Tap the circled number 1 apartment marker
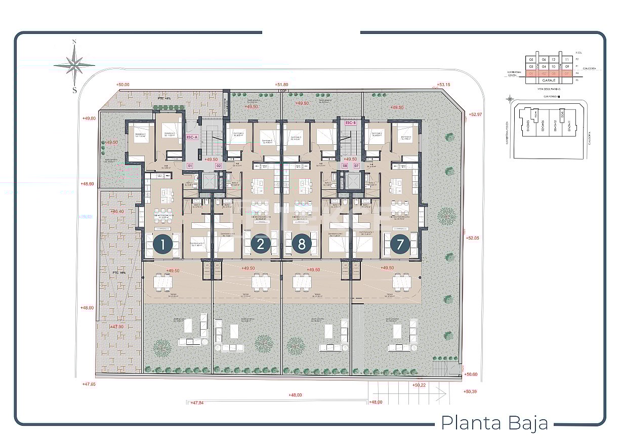(x=162, y=245)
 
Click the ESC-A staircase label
(x=192, y=137)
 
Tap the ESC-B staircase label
(x=351, y=123)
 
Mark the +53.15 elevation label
(x=443, y=85)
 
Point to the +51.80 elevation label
(x=281, y=85)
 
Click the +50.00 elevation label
(x=122, y=85)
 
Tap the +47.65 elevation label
(x=89, y=384)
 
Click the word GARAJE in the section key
(x=549, y=80)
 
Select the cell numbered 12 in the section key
(x=553, y=59)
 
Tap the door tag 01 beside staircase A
(x=190, y=166)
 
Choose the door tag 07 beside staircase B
(x=357, y=166)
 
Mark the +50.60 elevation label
(x=471, y=374)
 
